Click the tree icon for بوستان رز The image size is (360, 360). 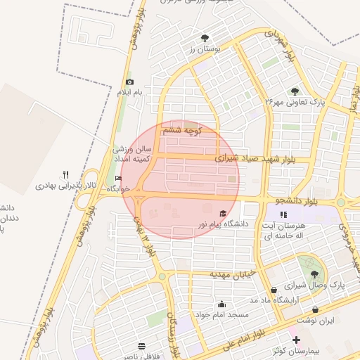click(205, 38)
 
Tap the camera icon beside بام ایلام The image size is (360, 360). click(129, 82)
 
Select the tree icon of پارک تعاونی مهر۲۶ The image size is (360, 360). click(295, 91)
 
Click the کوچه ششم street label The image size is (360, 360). click(182, 130)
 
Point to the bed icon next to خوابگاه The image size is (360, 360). click(118, 179)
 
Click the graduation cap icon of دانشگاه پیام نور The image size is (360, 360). click(223, 213)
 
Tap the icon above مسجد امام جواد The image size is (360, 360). click(222, 304)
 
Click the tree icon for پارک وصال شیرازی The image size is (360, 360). click(314, 275)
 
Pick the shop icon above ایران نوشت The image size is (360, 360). click(315, 309)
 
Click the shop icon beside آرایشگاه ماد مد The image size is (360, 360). click(274, 290)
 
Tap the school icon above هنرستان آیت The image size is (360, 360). click(283, 214)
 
